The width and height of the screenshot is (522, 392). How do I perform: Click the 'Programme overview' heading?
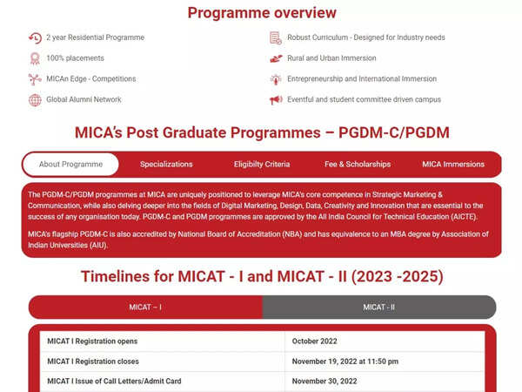click(x=261, y=12)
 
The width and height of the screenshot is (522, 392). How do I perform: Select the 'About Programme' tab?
click(x=70, y=164)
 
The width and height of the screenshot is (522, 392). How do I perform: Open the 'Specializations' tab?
click(x=166, y=164)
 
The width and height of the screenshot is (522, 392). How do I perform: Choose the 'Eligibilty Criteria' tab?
click(x=262, y=164)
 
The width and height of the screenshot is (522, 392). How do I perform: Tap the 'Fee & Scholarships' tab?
click(x=357, y=164)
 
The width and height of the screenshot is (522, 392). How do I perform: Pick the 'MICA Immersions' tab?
click(x=452, y=164)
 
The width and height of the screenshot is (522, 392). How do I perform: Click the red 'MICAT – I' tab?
click(x=145, y=307)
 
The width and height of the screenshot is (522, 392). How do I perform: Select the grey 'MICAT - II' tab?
click(x=378, y=307)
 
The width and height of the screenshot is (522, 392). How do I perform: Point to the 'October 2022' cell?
click(x=314, y=341)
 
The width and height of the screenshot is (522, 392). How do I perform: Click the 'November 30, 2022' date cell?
click(x=325, y=381)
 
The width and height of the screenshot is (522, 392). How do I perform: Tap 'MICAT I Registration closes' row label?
click(x=93, y=361)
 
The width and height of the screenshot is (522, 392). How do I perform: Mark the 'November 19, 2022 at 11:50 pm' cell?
click(x=345, y=361)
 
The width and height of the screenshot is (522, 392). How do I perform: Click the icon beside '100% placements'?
click(x=35, y=58)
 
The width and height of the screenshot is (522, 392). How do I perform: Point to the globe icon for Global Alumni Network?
click(x=35, y=100)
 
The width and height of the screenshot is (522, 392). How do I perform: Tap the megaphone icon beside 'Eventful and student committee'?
click(x=276, y=100)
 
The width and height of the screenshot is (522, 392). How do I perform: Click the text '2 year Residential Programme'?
click(x=95, y=37)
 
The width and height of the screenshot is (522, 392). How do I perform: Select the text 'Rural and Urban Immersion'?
click(x=331, y=58)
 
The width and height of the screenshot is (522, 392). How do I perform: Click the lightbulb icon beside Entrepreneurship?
click(x=276, y=79)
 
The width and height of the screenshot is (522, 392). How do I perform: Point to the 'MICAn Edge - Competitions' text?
click(x=90, y=79)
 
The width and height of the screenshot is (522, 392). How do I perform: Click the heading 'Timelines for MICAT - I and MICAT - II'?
click(x=261, y=276)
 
